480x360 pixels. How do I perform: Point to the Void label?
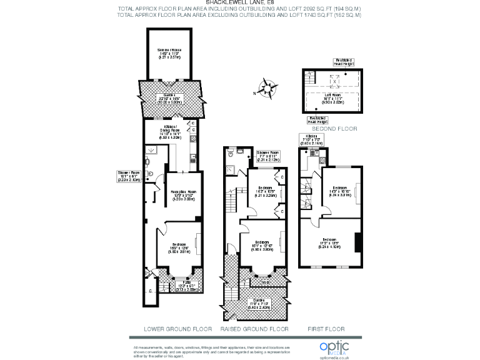coord(265,282)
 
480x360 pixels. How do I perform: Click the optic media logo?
coord(334,347)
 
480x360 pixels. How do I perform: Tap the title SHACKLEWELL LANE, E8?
coord(239,3)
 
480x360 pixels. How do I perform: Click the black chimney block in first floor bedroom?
coord(357,242)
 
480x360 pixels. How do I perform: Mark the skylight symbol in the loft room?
coord(334,81)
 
